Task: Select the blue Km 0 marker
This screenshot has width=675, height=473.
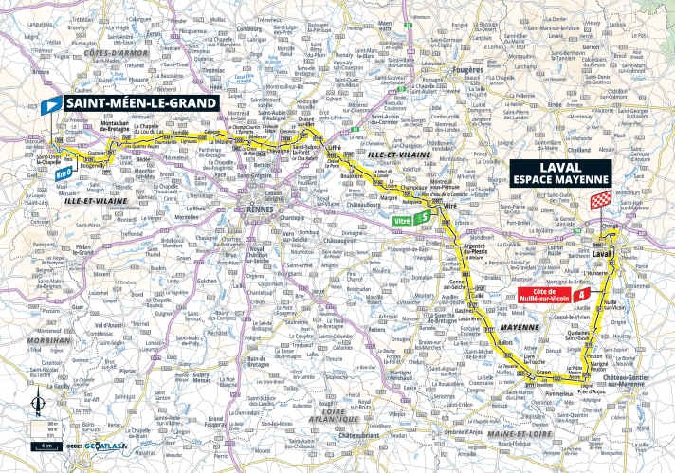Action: point(64,174)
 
